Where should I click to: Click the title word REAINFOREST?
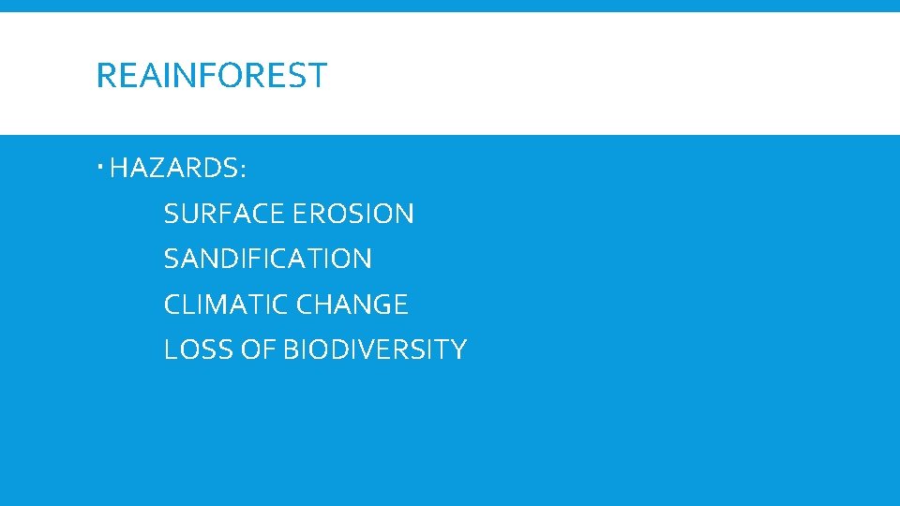tap(211, 75)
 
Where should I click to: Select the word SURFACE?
tap(224, 214)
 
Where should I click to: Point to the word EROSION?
tap(352, 214)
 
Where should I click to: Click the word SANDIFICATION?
tap(267, 259)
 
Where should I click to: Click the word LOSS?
tap(193, 350)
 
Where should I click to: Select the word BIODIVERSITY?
tap(374, 350)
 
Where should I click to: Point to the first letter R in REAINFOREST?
tap(104, 75)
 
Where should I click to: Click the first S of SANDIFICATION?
tap(171, 259)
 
